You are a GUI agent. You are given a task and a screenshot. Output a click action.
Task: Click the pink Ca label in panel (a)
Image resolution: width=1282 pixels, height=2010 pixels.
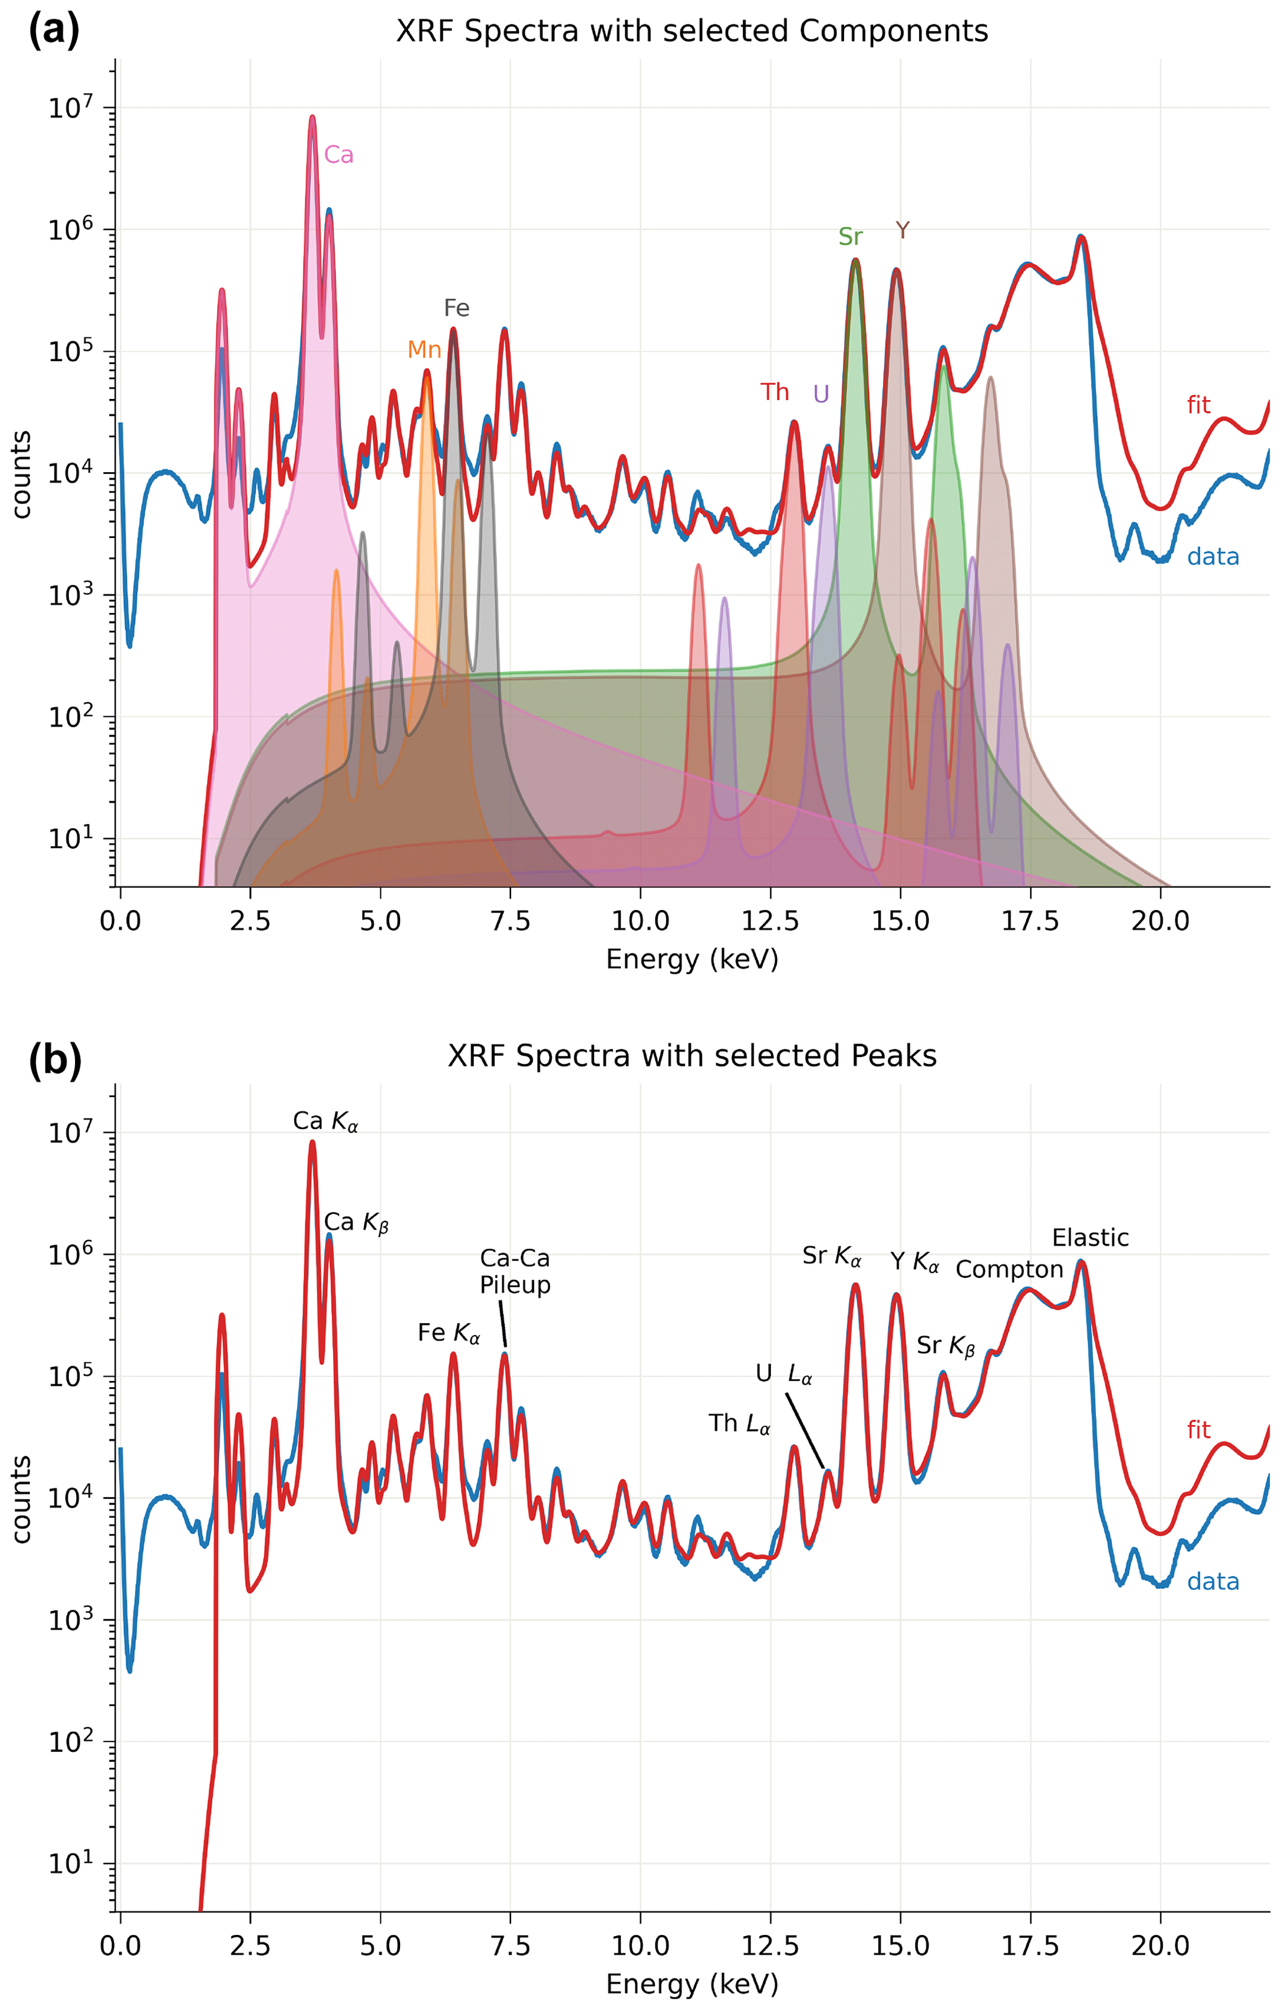pyautogui.click(x=338, y=154)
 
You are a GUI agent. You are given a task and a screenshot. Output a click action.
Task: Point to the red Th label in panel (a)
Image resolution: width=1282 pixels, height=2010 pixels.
pyautogui.click(x=775, y=391)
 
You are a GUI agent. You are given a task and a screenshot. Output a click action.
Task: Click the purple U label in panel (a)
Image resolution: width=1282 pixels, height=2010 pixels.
pyautogui.click(x=821, y=394)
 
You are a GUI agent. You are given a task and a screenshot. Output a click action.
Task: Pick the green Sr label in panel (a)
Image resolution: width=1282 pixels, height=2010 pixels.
pyautogui.click(x=850, y=237)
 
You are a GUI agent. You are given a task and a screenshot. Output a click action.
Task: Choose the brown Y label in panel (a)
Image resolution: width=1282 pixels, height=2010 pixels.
pyautogui.click(x=902, y=230)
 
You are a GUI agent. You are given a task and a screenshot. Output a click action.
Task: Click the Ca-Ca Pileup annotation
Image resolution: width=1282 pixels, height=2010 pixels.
pyautogui.click(x=515, y=1271)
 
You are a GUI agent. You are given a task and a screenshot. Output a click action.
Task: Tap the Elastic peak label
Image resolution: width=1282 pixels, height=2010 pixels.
pyautogui.click(x=1090, y=1238)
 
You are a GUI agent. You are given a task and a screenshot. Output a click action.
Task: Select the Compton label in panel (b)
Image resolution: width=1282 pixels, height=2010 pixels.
pyautogui.click(x=1009, y=1270)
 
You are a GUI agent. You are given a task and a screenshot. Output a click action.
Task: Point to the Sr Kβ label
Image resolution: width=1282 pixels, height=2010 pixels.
pyautogui.click(x=946, y=1346)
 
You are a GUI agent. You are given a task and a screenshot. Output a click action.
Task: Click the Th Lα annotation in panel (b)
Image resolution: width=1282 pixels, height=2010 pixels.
pyautogui.click(x=739, y=1423)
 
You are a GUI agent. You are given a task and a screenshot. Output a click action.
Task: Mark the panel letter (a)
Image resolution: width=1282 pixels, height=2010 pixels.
pyautogui.click(x=54, y=31)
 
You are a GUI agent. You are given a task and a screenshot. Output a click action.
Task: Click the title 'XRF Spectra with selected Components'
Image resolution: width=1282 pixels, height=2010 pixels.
pyautogui.click(x=692, y=31)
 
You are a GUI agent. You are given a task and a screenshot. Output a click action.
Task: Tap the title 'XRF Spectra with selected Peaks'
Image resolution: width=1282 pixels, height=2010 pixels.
pyautogui.click(x=692, y=1056)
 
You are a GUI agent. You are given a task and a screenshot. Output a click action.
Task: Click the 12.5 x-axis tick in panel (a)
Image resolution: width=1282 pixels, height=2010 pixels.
pyautogui.click(x=770, y=921)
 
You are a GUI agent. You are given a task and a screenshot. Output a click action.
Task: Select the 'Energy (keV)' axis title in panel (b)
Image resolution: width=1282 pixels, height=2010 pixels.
pyautogui.click(x=692, y=1983)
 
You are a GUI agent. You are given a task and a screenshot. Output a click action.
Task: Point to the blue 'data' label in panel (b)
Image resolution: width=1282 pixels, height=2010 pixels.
pyautogui.click(x=1213, y=1582)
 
